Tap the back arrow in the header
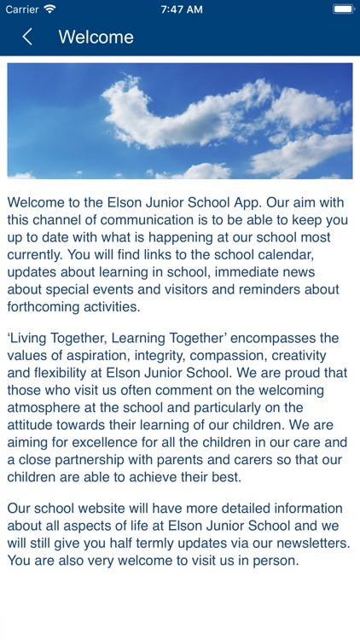click(27, 37)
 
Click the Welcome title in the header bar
click(96, 37)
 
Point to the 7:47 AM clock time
click(181, 9)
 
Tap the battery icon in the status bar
click(344, 9)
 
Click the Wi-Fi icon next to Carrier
click(49, 9)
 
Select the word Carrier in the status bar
click(21, 9)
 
